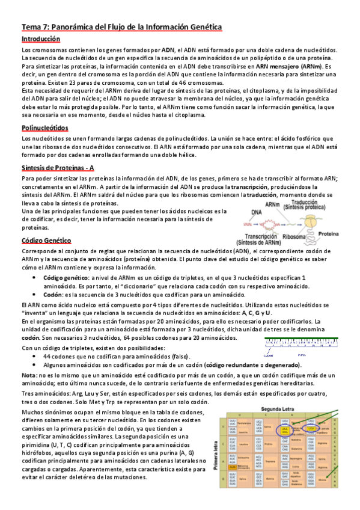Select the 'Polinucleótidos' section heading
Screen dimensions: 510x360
[45, 128]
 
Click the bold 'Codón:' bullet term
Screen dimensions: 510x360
[55, 295]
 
